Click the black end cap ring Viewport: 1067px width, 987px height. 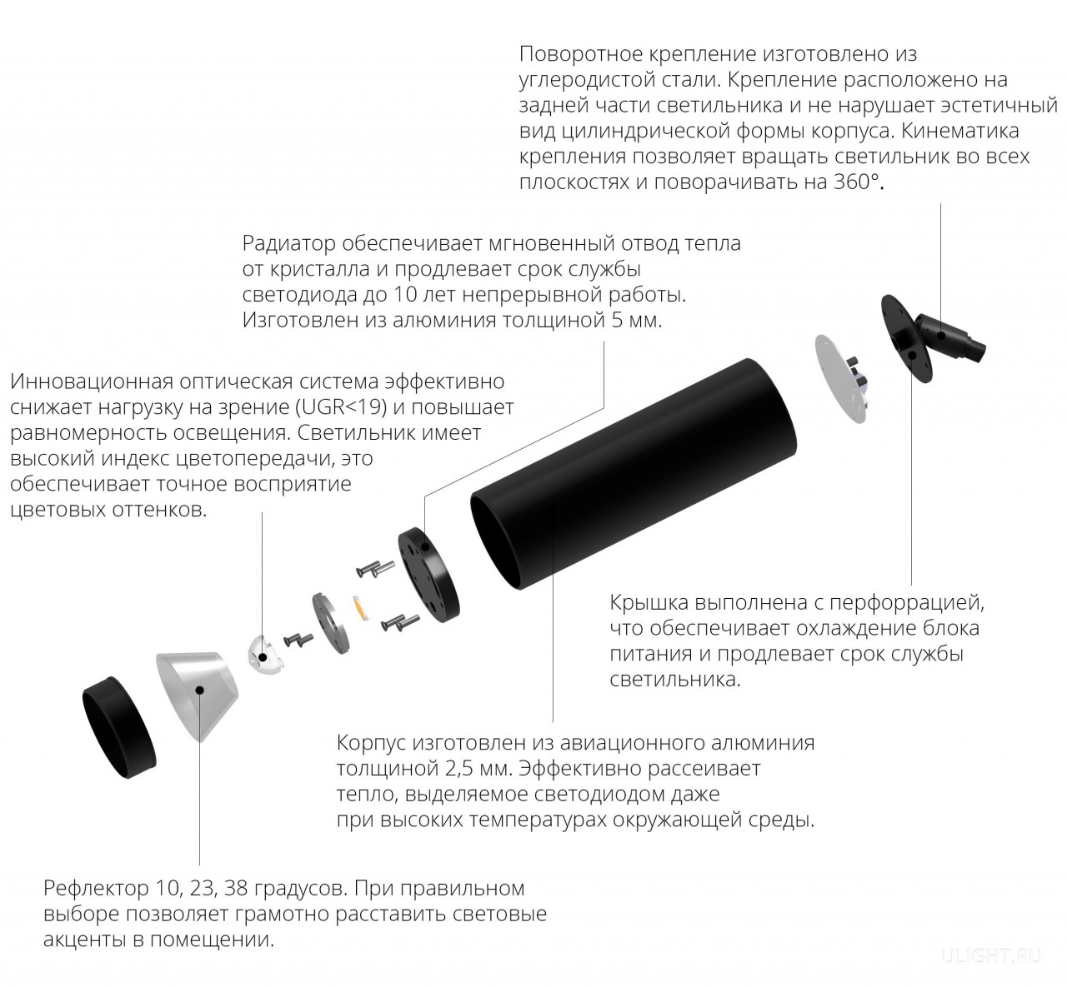118,727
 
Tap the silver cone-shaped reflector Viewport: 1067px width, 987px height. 196,695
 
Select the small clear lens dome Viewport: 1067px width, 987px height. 265,654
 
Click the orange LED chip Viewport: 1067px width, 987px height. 360,608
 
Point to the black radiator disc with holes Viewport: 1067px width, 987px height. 428,575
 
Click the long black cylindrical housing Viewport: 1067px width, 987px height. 634,474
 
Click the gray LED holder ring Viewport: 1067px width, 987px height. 331,623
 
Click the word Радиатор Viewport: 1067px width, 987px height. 288,244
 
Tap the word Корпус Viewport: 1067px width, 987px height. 371,743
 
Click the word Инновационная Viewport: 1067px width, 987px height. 91,381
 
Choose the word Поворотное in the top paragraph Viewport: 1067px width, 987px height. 579,54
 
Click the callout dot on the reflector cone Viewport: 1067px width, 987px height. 199,690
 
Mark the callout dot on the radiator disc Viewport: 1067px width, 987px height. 425,547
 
